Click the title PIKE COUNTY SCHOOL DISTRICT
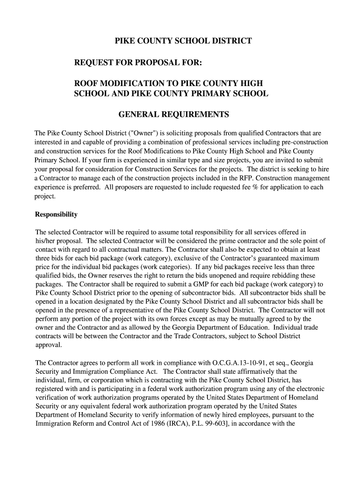183,41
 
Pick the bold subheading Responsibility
56,215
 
